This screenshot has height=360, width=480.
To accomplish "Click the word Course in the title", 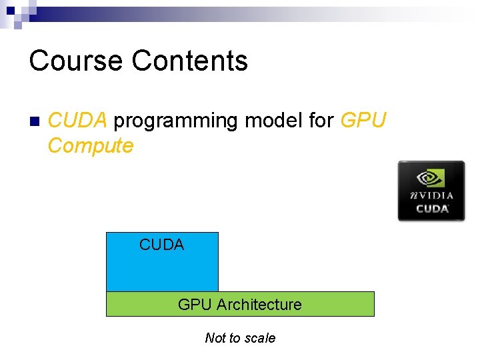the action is click(x=76, y=61).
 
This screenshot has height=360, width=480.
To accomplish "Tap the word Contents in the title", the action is click(x=190, y=61).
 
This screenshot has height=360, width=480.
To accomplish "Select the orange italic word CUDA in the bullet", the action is click(x=77, y=121).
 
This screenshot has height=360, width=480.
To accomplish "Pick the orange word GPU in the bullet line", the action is click(x=363, y=121).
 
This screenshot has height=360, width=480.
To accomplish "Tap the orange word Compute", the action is click(x=91, y=145).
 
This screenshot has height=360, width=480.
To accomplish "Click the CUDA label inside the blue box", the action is click(x=161, y=245).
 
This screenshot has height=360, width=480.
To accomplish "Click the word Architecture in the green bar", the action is click(x=259, y=305).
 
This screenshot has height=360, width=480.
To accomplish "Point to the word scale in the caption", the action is click(x=261, y=338).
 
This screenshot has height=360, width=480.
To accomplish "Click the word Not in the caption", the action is click(x=215, y=338).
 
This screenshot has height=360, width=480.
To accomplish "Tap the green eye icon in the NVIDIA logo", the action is click(x=431, y=177).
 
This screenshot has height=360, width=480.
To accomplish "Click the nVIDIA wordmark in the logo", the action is click(x=431, y=195).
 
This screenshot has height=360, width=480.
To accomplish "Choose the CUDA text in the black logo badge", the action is click(x=431, y=209).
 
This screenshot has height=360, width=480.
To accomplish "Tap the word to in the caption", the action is click(x=235, y=338).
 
